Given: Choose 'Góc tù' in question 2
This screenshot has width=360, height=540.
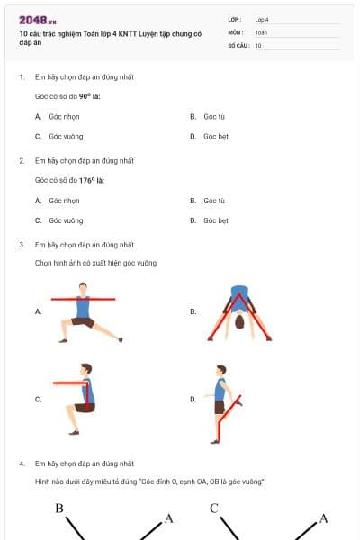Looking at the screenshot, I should [x=213, y=201].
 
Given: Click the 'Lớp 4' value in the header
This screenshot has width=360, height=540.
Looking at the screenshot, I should [x=262, y=19].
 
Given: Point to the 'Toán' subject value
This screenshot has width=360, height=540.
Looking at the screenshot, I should [x=261, y=31].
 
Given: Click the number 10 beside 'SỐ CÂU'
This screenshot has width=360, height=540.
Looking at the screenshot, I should [x=258, y=45].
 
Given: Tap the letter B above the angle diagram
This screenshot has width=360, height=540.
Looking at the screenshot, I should [x=59, y=508].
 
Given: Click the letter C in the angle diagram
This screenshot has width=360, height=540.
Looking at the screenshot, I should [x=214, y=508].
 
